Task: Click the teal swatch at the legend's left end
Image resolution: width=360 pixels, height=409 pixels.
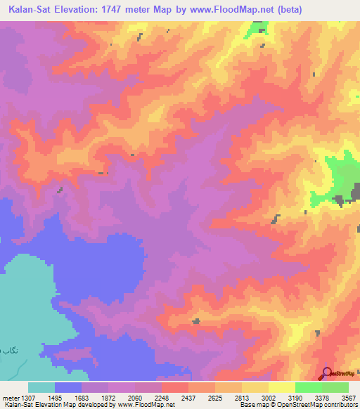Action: (x=41, y=387)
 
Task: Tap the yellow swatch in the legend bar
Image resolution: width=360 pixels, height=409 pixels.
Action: (x=282, y=387)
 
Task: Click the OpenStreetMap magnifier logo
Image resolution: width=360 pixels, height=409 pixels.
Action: (x=326, y=374)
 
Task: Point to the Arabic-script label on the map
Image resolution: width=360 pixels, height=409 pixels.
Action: (x=7, y=349)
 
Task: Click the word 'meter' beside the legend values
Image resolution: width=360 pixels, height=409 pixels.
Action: (x=11, y=397)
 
